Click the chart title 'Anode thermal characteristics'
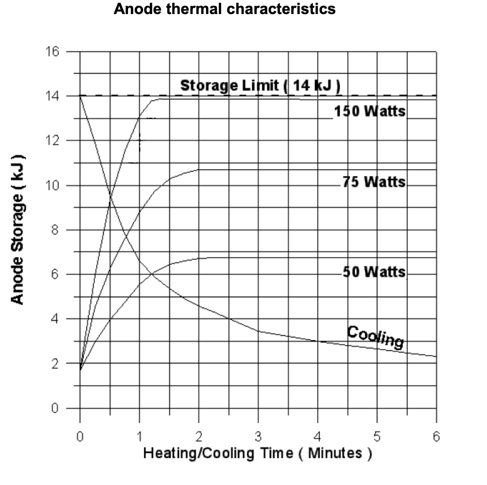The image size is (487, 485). [224, 10]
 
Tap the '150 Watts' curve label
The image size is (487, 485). [370, 111]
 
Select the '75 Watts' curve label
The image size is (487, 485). [373, 182]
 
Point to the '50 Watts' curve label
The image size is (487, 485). [374, 272]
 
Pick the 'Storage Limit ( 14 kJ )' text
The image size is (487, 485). [260, 86]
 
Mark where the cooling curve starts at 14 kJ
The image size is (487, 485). [80, 97]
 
